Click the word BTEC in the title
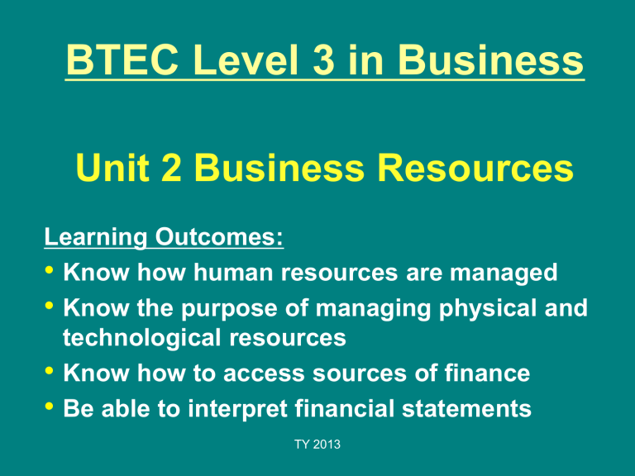click(x=122, y=59)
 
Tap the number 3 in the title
click(x=323, y=59)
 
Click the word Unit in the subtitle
click(x=112, y=168)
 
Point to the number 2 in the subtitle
click(x=171, y=168)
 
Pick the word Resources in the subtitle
click(x=475, y=168)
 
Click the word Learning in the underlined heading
click(x=96, y=237)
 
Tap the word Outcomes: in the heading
click(x=219, y=236)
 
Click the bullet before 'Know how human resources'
click(x=49, y=269)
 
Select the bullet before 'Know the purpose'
click(x=49, y=306)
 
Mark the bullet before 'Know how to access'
click(x=49, y=370)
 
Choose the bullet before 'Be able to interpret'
click(x=49, y=406)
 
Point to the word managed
click(x=504, y=273)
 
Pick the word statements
click(x=466, y=409)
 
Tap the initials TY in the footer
click(x=302, y=445)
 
